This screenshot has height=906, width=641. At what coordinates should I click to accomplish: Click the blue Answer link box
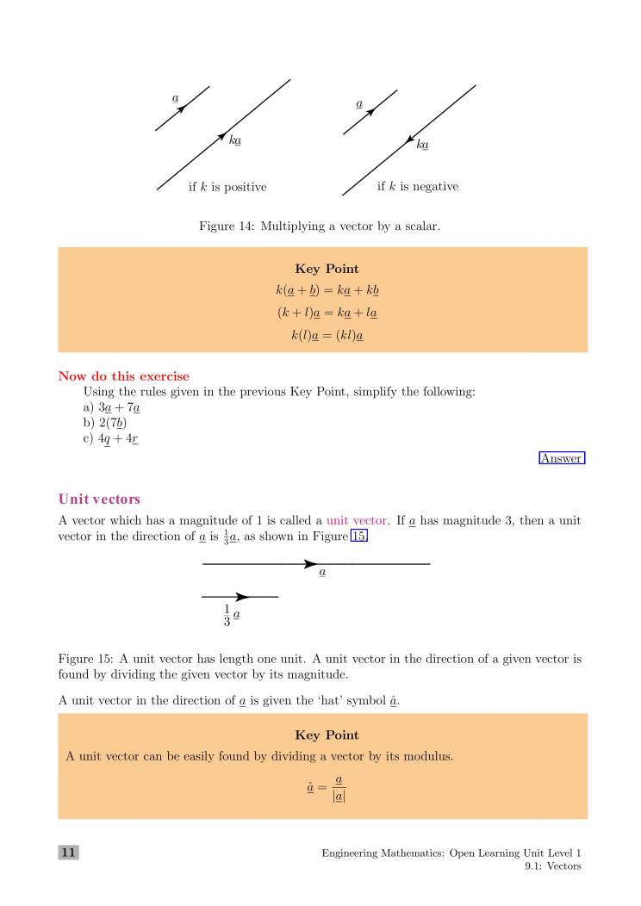[562, 459]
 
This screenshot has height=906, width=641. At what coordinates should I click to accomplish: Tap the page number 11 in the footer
[68, 853]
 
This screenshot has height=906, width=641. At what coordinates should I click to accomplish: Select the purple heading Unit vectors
[99, 500]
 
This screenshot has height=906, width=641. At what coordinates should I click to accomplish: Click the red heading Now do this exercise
[123, 376]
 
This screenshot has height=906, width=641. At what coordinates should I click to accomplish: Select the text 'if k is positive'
[227, 187]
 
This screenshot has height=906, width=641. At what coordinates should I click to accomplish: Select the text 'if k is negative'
[418, 187]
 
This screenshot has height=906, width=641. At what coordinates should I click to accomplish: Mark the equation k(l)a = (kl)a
[327, 336]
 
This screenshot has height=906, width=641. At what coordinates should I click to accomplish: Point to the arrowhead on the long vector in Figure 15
[311, 564]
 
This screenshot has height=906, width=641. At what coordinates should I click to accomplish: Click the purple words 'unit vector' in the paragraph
[357, 521]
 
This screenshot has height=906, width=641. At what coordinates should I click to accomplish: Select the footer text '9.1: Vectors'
[552, 866]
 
